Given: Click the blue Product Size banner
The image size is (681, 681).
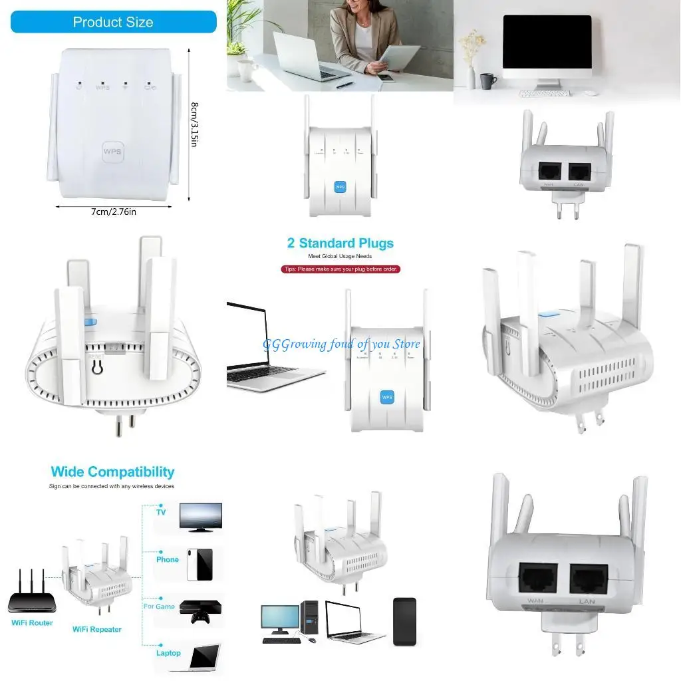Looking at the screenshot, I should coord(113,22).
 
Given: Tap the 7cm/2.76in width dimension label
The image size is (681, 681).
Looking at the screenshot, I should coord(114,211).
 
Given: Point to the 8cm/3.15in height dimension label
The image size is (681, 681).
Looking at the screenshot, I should coord(194,124).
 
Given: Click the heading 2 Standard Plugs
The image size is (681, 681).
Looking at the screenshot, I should coord(340,243).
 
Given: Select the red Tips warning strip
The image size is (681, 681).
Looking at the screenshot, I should coord(340,269).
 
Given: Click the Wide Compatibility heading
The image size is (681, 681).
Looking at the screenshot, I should coord(112,472).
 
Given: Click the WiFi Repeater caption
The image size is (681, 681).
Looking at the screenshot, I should coord(97,629).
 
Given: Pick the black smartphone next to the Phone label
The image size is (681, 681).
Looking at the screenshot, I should coord(200,565).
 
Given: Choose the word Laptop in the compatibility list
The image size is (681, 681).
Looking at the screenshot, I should coord(168,653).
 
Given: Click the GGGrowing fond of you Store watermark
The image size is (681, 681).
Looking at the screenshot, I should coord(342,344).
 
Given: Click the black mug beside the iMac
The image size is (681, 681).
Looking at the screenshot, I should coord(488,81).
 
